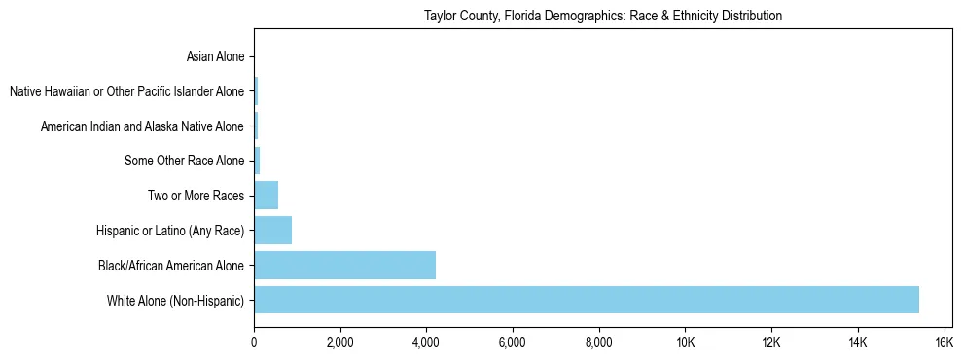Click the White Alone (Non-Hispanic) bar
(x=587, y=300)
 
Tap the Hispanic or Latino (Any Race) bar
(x=272, y=230)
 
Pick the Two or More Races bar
(x=266, y=195)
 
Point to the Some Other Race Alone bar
(x=257, y=161)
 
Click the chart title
(x=603, y=17)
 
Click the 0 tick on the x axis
(x=254, y=342)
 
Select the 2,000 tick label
(x=339, y=342)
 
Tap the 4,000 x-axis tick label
(x=426, y=342)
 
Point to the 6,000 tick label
(x=512, y=342)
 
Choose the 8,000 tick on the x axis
(x=598, y=342)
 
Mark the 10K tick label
(x=685, y=342)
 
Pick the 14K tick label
(x=857, y=342)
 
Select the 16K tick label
(x=943, y=342)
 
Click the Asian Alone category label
(x=215, y=56)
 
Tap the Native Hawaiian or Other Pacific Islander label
(x=126, y=91)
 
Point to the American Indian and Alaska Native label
(x=142, y=126)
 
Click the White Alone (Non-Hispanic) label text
(x=176, y=300)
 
